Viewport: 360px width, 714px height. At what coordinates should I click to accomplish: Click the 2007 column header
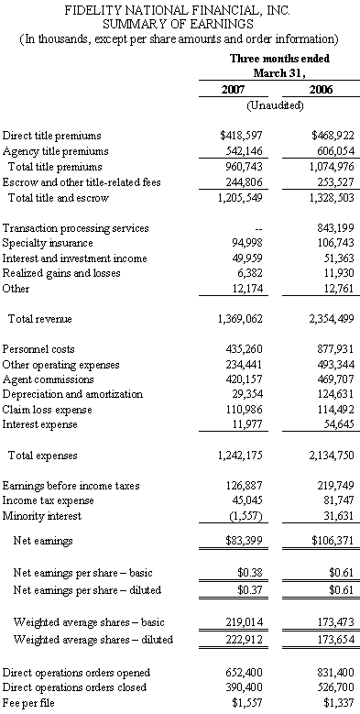(x=233, y=89)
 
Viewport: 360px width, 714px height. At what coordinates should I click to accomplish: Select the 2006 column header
(x=321, y=89)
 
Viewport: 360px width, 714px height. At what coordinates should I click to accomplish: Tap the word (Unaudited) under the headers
(x=276, y=105)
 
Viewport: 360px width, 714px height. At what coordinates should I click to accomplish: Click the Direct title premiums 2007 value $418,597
(x=241, y=136)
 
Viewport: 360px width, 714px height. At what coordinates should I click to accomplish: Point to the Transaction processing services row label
(x=75, y=227)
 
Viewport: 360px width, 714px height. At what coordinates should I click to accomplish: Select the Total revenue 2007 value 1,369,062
(x=241, y=319)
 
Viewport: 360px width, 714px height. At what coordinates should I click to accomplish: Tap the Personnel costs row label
(x=38, y=349)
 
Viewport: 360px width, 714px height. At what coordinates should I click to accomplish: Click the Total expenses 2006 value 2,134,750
(x=332, y=456)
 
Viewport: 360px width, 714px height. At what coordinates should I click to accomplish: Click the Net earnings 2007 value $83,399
(x=245, y=541)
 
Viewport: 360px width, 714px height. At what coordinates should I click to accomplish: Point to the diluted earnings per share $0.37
(x=250, y=590)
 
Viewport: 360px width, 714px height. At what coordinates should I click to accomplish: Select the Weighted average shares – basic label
(x=89, y=622)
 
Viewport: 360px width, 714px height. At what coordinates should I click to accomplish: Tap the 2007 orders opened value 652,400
(x=245, y=673)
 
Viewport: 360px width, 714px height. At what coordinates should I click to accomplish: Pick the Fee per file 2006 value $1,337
(x=339, y=703)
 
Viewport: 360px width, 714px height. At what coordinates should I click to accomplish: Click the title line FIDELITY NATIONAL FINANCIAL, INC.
(x=178, y=10)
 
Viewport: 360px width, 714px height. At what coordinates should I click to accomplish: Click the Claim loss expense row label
(x=48, y=410)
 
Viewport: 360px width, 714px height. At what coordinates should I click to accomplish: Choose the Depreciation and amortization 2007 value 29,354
(x=247, y=394)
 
